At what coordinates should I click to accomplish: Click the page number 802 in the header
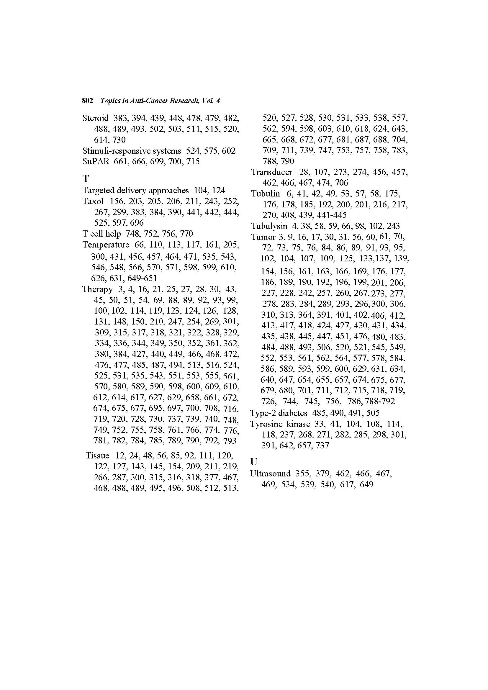click(x=87, y=101)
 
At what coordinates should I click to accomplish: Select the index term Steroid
click(x=95, y=118)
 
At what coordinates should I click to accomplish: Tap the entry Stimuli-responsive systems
click(x=132, y=150)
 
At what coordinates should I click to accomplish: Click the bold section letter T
click(x=86, y=179)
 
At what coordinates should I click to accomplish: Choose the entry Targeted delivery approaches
click(x=135, y=190)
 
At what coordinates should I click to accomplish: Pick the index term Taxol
click(x=93, y=201)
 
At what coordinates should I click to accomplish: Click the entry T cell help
click(x=101, y=234)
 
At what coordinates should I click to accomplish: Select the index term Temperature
click(x=106, y=245)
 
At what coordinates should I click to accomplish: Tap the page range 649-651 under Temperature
click(x=142, y=278)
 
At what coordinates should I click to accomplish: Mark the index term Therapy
click(x=97, y=289)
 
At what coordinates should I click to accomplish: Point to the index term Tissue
click(x=97, y=455)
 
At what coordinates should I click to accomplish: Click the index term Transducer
click(x=272, y=172)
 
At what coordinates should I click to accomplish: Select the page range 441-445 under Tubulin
click(x=331, y=215)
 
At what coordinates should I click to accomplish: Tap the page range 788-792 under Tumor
click(x=380, y=401)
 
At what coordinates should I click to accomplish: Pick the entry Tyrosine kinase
click(x=280, y=424)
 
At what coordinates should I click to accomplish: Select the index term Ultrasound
click(x=270, y=474)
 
